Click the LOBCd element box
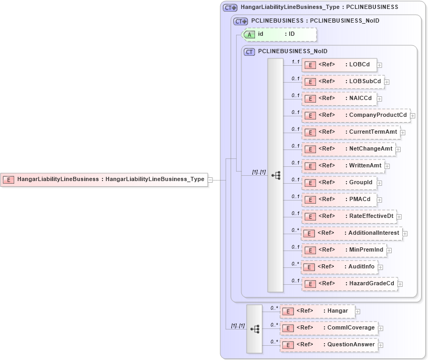(x=339, y=65)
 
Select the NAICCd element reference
(x=339, y=98)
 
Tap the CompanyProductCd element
(x=355, y=115)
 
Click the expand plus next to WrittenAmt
(x=388, y=166)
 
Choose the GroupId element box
(x=339, y=183)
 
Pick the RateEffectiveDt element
(x=349, y=216)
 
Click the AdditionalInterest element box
(x=352, y=233)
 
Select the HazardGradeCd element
(x=349, y=284)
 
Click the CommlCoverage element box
(x=329, y=328)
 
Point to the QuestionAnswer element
(x=329, y=345)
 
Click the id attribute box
(x=279, y=34)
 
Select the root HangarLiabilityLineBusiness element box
(x=104, y=179)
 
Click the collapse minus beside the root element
(x=210, y=179)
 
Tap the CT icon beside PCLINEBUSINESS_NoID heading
(x=250, y=52)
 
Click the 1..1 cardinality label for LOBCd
(x=295, y=62)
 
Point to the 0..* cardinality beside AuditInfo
(x=295, y=264)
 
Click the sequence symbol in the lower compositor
(x=254, y=329)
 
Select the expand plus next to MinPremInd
(x=390, y=251)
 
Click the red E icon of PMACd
(x=310, y=200)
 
